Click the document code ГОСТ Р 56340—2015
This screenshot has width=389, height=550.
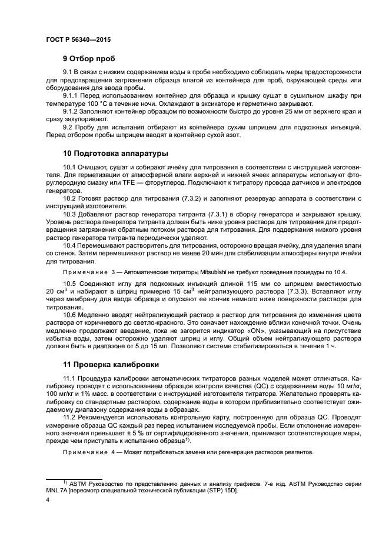pos(78,39)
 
